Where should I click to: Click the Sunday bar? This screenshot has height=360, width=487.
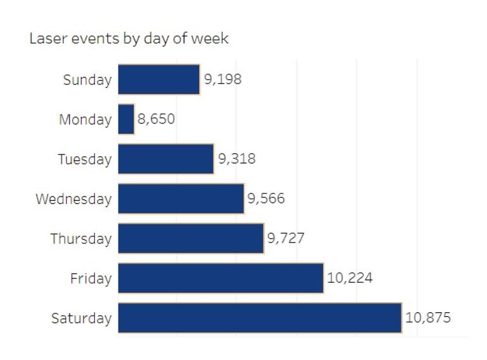pyautogui.click(x=159, y=79)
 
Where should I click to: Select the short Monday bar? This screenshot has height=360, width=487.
pyautogui.click(x=126, y=119)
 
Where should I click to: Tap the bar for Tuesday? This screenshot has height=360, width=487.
pyautogui.click(x=166, y=159)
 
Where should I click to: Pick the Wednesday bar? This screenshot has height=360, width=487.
pyautogui.click(x=181, y=199)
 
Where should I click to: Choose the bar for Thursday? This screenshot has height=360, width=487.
pyautogui.click(x=190, y=239)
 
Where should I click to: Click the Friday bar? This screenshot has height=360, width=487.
pyautogui.click(x=221, y=278)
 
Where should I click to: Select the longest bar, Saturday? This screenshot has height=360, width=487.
pyautogui.click(x=260, y=318)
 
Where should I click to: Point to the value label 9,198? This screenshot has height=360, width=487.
pyautogui.click(x=223, y=79)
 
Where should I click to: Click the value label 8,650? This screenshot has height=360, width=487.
pyautogui.click(x=156, y=119)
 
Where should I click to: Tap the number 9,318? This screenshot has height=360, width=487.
pyautogui.click(x=237, y=159)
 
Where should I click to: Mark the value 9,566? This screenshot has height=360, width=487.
pyautogui.click(x=266, y=199)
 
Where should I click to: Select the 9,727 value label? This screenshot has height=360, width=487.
pyautogui.click(x=286, y=239)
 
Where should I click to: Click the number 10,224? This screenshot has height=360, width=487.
pyautogui.click(x=350, y=278)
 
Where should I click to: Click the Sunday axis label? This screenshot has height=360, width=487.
pyautogui.click(x=87, y=80)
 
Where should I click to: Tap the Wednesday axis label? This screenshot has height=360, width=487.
pyautogui.click(x=74, y=199)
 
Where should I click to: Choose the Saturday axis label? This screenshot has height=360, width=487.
pyautogui.click(x=81, y=319)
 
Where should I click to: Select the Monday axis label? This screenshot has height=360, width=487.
pyautogui.click(x=85, y=120)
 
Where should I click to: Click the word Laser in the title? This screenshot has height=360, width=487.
pyautogui.click(x=46, y=38)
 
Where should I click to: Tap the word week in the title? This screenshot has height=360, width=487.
pyautogui.click(x=209, y=38)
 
